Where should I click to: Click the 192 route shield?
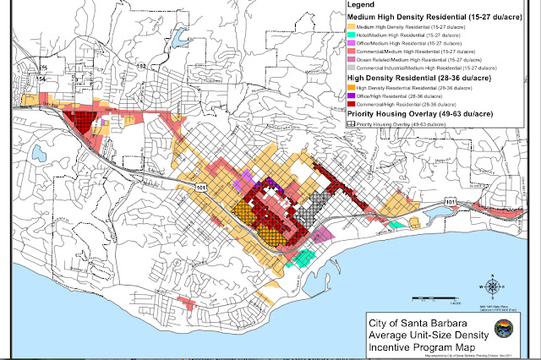pyautogui.click(x=142, y=66)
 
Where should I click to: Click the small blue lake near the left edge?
pyautogui.click(x=39, y=154)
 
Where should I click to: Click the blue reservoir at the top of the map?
pyautogui.click(x=179, y=36)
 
